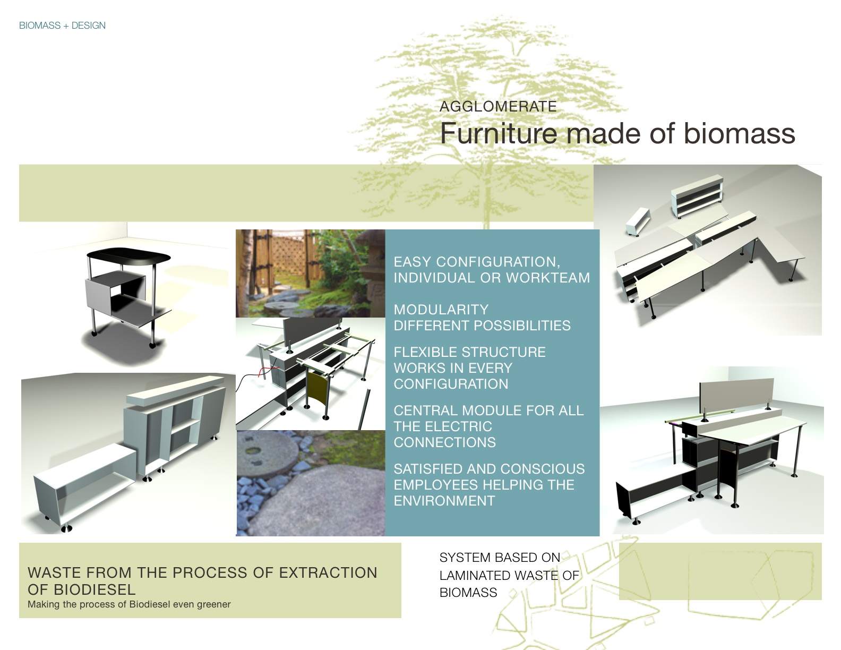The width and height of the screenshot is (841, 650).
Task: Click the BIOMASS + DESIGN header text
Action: click(62, 25)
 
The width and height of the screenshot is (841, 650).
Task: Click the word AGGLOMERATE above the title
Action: click(498, 106)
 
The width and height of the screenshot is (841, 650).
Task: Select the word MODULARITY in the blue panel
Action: click(441, 310)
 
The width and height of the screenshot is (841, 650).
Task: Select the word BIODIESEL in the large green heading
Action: click(81, 589)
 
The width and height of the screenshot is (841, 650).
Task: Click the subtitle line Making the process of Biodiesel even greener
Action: click(129, 604)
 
